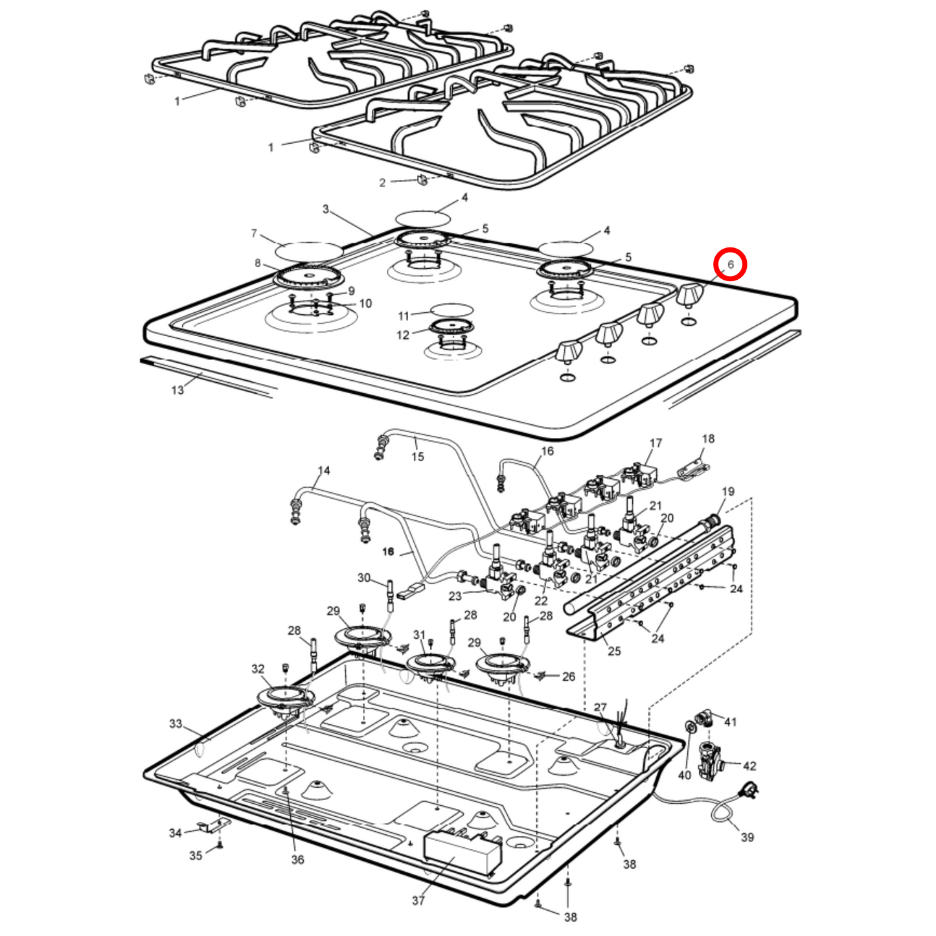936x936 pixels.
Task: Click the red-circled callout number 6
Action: [x=730, y=265]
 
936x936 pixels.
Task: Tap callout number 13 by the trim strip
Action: [x=177, y=390]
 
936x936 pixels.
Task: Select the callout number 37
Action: [x=418, y=900]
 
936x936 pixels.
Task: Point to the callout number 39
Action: [x=747, y=837]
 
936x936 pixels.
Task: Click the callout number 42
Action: [x=749, y=766]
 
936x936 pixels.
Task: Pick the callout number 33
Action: [x=176, y=724]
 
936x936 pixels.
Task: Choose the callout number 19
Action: [x=728, y=492]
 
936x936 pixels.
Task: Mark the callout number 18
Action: [x=708, y=439]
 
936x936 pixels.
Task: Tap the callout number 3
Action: [x=326, y=209]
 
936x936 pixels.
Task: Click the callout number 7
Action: [x=254, y=233]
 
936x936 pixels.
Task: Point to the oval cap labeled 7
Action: [x=309, y=249]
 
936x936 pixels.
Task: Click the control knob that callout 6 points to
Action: [x=690, y=294]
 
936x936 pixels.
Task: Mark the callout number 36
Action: [x=297, y=860]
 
